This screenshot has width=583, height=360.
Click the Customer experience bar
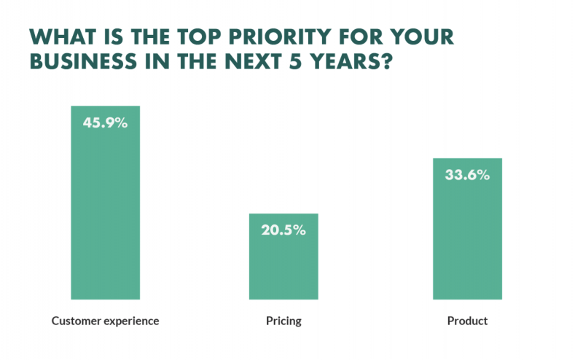[106, 203]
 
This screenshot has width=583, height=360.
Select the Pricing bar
[283, 257]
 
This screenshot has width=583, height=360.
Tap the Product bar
[467, 229]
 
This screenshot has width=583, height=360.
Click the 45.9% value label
[105, 122]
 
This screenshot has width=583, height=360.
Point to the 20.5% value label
[283, 230]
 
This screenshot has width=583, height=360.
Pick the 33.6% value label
[467, 175]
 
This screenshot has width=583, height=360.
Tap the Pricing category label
[283, 321]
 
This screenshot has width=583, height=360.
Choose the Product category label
[467, 321]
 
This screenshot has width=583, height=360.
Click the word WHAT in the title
[63, 37]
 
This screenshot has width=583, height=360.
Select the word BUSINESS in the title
[83, 61]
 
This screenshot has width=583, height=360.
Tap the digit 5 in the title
[295, 61]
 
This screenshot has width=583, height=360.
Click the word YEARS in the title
[345, 61]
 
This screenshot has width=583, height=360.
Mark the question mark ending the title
[387, 61]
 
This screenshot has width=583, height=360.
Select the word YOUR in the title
[422, 37]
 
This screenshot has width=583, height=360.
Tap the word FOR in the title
[360, 37]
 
